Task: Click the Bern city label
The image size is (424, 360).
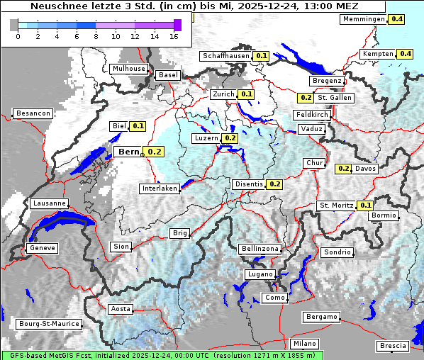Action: point(129,152)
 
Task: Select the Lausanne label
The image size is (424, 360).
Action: point(49,203)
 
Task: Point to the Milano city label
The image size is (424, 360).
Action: point(306,343)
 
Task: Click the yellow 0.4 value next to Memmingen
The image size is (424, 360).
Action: point(396,19)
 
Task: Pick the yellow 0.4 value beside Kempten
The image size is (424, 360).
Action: point(405,54)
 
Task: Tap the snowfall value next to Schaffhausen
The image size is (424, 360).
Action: point(262,55)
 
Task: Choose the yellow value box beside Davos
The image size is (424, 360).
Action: point(343,169)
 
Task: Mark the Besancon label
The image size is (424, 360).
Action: point(33,113)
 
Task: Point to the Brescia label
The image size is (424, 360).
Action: point(393,345)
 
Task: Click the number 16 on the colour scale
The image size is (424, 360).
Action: point(174,36)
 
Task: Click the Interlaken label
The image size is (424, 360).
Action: point(160,189)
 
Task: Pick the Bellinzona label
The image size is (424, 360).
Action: point(260,249)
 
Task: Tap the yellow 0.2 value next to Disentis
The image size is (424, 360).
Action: point(275,184)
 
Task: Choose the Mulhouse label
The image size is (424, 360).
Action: point(128,69)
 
